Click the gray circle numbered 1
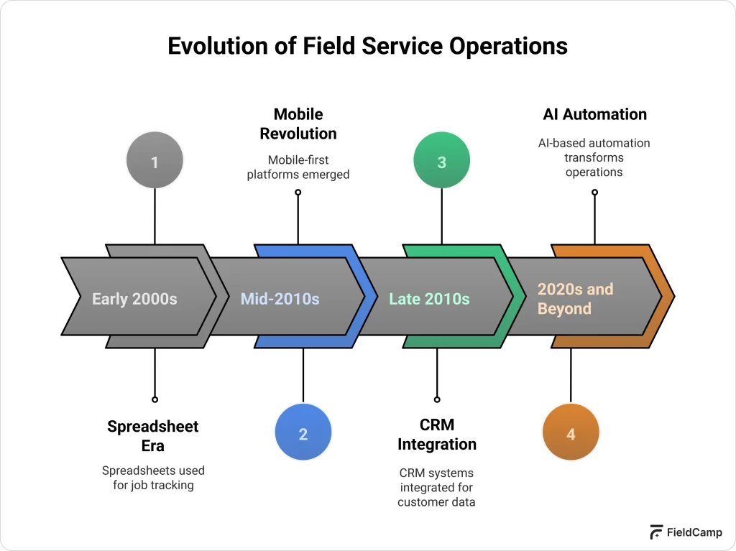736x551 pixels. tap(155, 161)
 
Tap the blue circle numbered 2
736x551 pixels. tap(303, 433)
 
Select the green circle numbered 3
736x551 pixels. tap(441, 161)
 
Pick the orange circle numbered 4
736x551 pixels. tap(571, 433)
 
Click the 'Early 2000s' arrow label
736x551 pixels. tap(134, 298)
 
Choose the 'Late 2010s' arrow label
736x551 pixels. tap(429, 298)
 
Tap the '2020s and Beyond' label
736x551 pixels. tap(575, 299)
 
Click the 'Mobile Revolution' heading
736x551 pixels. tap(298, 124)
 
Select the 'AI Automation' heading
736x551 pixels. tap(594, 114)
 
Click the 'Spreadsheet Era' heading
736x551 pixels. tap(153, 436)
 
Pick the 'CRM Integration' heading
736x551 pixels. tap(437, 435)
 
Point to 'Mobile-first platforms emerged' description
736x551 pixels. tap(298, 167)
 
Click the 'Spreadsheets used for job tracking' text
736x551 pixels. tap(153, 478)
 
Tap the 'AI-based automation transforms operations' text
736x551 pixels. tap(594, 157)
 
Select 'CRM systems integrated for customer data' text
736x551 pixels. tap(437, 487)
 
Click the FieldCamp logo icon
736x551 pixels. tap(655, 532)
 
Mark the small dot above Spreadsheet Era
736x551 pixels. tap(155, 399)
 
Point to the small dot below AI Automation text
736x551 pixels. tap(594, 192)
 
